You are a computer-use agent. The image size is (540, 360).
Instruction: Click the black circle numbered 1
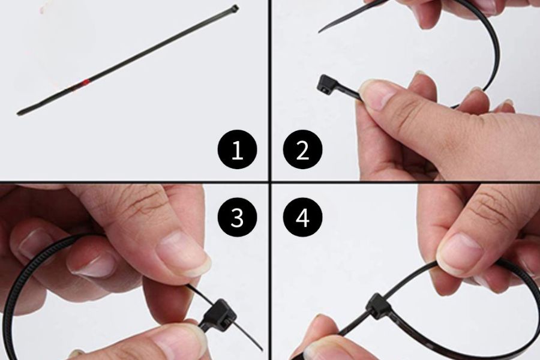[237, 149]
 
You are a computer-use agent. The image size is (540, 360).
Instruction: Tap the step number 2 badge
[303, 149]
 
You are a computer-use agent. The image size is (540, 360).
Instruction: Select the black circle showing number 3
[237, 217]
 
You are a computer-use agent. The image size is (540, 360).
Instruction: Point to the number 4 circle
[303, 217]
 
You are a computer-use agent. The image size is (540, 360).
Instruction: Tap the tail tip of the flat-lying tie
[18, 113]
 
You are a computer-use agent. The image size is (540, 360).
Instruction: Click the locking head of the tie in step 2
[323, 84]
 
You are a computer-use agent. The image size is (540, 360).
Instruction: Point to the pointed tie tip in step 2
[320, 31]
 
